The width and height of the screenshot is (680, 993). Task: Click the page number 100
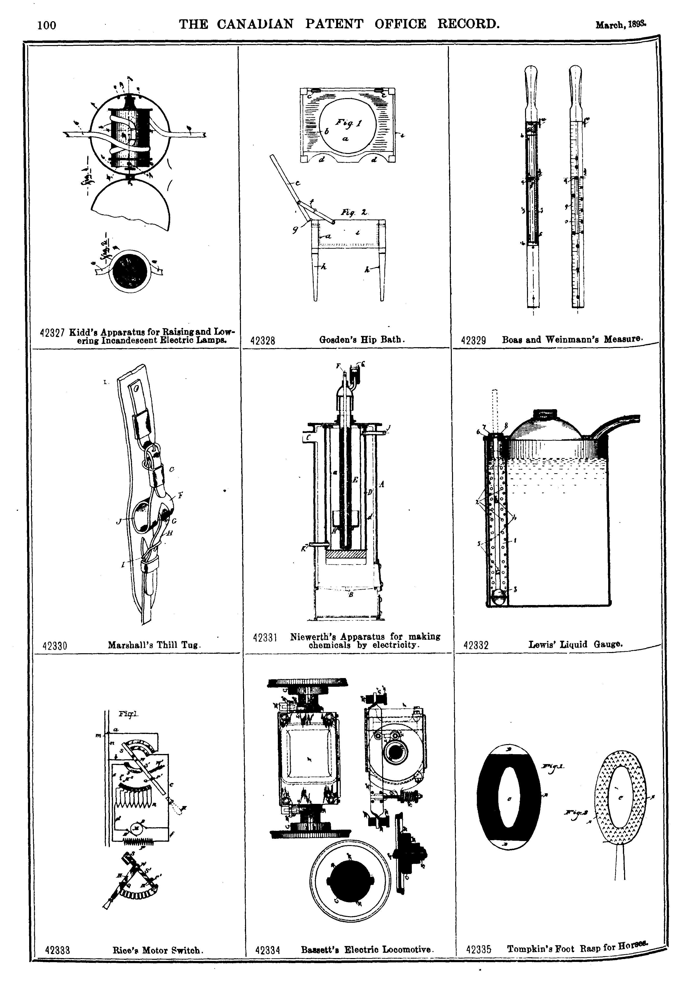point(47,25)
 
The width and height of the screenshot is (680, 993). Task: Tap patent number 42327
point(52,333)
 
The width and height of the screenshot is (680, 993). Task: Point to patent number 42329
point(473,340)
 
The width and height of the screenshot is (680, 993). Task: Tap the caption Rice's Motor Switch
point(158,950)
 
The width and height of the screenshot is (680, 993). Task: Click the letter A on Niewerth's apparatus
point(382,484)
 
